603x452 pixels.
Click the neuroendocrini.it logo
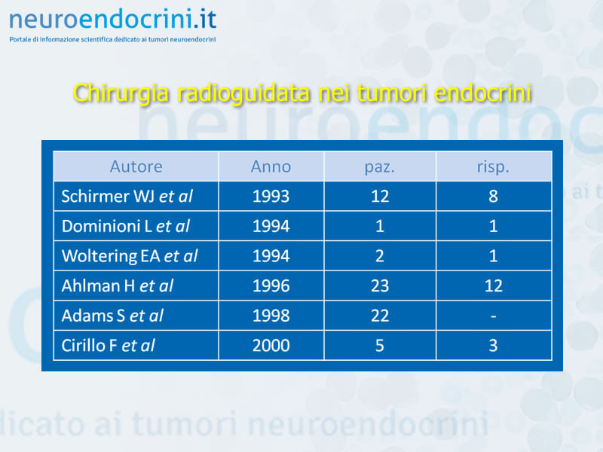112,20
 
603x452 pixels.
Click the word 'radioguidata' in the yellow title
243,93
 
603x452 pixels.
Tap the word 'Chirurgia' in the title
121,93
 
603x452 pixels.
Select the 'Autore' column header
136,166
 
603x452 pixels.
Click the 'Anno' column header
271,166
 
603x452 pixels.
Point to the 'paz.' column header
380,167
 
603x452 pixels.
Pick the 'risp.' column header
493,167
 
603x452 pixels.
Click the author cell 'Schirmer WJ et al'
127,197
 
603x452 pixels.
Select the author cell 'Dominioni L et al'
126,227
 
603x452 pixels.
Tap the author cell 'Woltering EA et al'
130,256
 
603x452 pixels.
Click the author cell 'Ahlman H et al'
118,286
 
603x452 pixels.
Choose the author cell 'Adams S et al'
112,316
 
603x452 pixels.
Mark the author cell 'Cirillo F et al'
108,346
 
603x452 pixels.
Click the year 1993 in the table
271,197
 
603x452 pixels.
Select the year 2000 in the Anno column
271,346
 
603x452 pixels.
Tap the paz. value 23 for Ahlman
380,286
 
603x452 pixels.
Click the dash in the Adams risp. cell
494,316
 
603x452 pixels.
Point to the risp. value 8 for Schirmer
494,197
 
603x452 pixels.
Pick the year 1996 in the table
271,286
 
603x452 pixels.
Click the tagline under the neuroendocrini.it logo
112,39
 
